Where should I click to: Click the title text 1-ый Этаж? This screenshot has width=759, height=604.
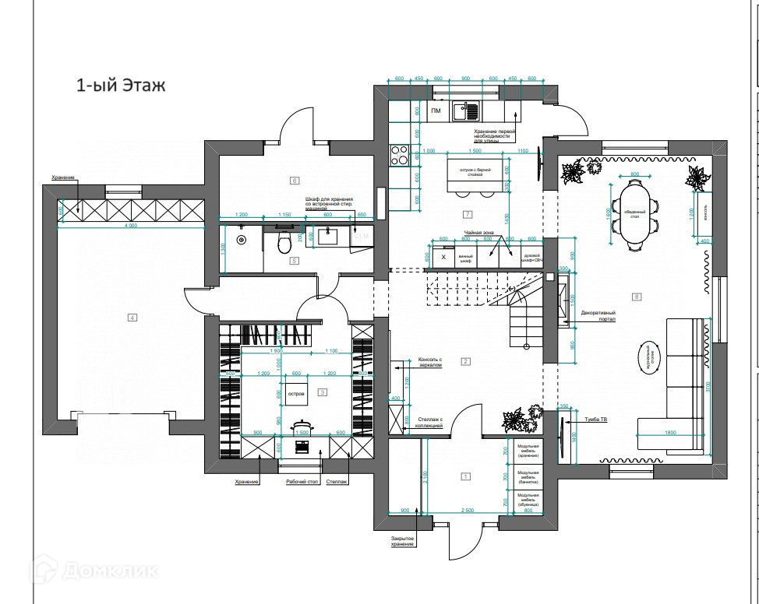click(x=121, y=86)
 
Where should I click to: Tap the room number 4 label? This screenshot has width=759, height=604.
click(x=132, y=317)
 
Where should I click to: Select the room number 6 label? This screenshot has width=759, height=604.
click(x=295, y=181)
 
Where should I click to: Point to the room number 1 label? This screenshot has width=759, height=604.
click(x=466, y=476)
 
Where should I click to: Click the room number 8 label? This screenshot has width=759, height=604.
click(x=637, y=297)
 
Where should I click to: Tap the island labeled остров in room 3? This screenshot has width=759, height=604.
click(x=296, y=394)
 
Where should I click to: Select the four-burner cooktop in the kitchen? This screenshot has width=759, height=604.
click(x=400, y=156)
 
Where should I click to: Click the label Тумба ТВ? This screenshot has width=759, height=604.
click(x=598, y=420)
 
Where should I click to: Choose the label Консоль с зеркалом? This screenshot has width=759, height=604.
click(x=430, y=363)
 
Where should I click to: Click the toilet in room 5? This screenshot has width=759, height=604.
click(x=285, y=245)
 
